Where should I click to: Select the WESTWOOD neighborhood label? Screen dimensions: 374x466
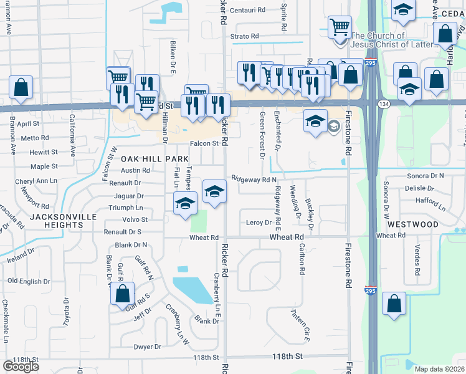413,224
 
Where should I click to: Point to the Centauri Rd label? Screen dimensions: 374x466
248,11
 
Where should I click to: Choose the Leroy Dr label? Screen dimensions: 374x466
259,223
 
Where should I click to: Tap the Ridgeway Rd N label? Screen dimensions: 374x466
254,179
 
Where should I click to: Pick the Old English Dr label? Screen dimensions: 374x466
29,281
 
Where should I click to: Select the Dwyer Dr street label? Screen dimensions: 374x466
147,347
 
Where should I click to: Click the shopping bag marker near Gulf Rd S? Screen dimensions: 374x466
123,294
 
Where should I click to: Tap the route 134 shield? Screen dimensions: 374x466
386,103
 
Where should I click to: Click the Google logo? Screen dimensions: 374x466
21,366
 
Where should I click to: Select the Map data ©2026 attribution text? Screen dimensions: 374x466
440,369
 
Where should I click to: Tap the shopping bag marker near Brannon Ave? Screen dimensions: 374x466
21,89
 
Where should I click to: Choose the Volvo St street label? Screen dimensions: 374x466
135,219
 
